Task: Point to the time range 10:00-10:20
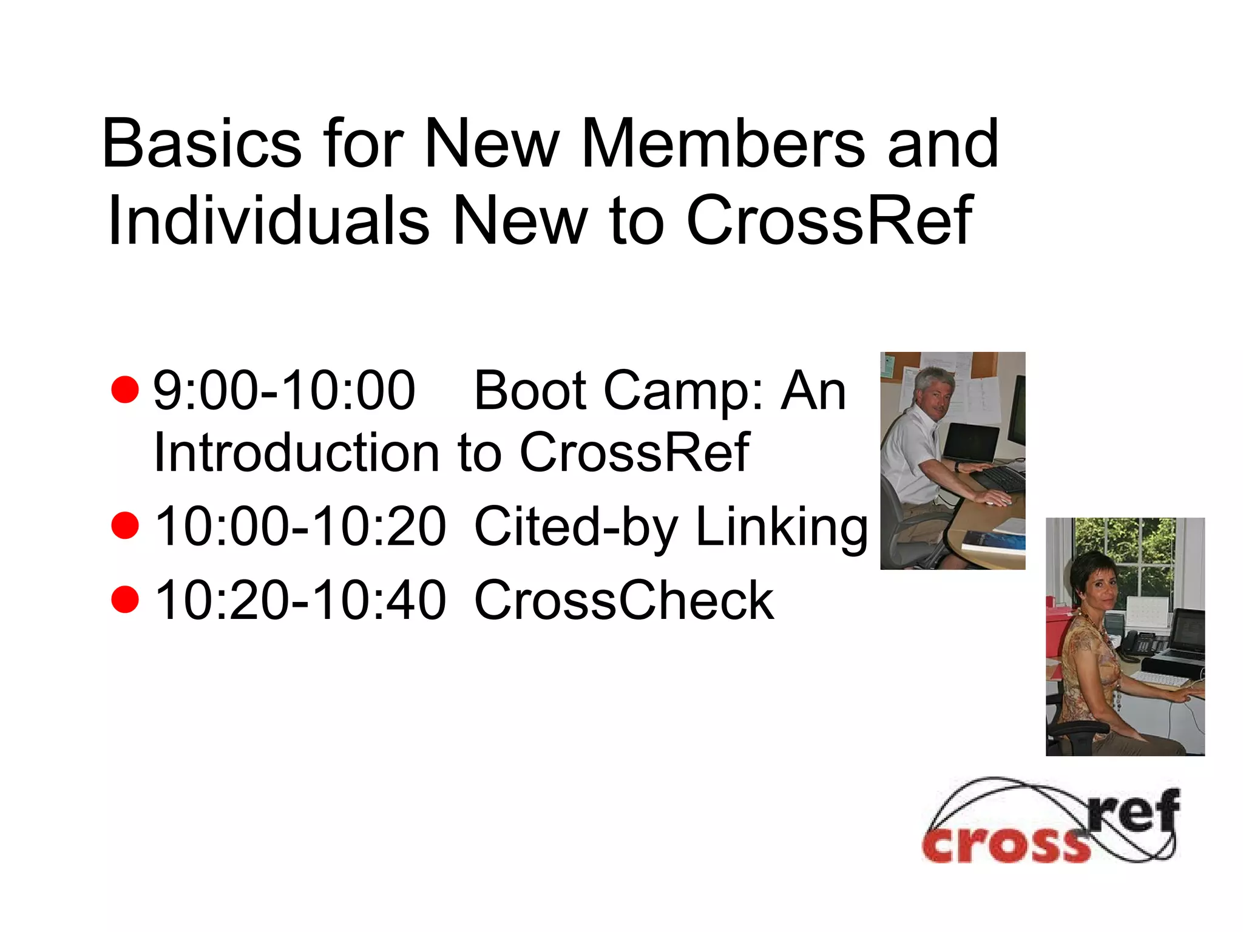click(x=300, y=527)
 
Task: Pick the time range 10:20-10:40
click(x=300, y=600)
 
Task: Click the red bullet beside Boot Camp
click(x=126, y=390)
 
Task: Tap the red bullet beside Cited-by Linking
click(x=126, y=525)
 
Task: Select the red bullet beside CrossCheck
click(x=126, y=599)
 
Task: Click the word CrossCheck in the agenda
click(x=624, y=600)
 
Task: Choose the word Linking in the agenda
click(x=781, y=527)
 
